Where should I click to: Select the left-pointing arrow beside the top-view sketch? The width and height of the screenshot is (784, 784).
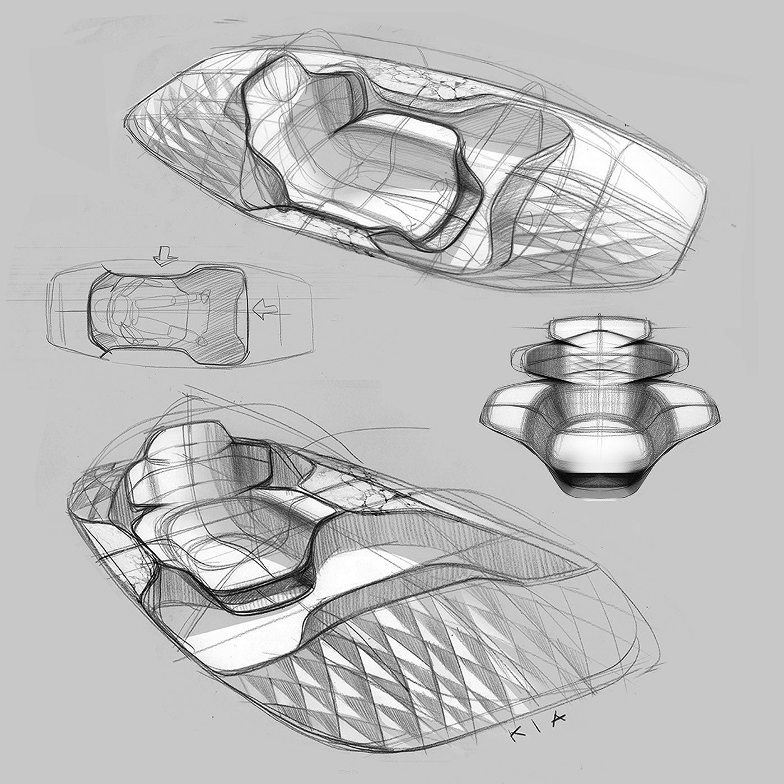click(x=265, y=309)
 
